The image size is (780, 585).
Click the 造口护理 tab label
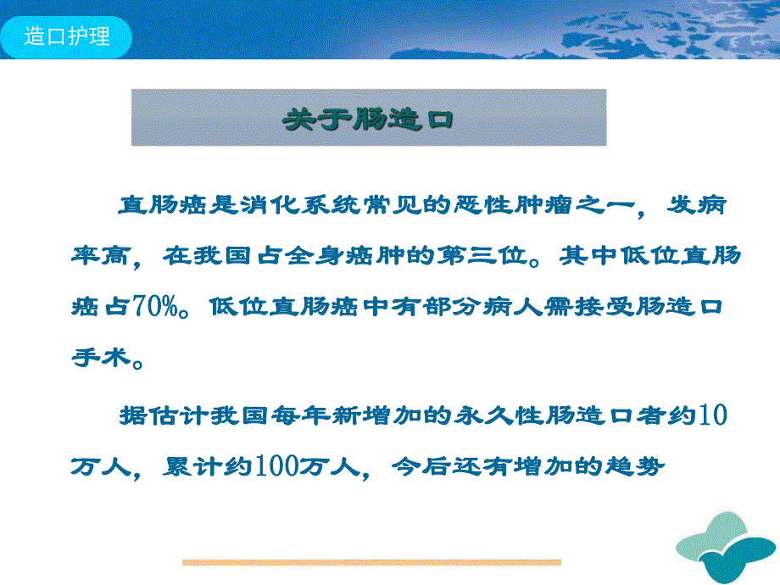click(x=67, y=37)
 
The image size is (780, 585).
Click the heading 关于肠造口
click(x=368, y=118)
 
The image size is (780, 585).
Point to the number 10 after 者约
click(x=711, y=415)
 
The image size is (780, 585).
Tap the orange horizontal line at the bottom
click(x=371, y=562)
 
